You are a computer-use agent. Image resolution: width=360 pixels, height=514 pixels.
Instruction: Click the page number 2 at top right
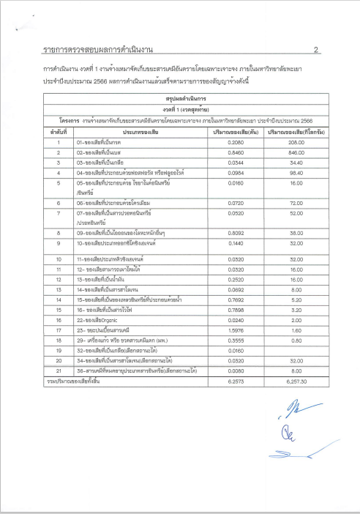(315, 51)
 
